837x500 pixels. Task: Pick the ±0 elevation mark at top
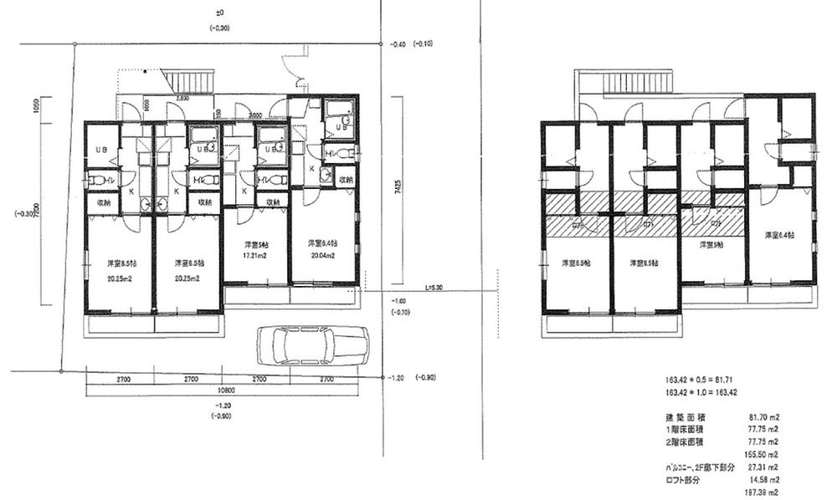[221, 13]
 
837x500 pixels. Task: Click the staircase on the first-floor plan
[190, 81]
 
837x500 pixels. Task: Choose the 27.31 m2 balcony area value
[764, 467]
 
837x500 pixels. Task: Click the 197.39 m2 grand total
[764, 493]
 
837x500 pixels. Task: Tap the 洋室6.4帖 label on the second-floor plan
[779, 236]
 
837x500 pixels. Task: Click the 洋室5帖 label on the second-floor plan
[711, 246]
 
